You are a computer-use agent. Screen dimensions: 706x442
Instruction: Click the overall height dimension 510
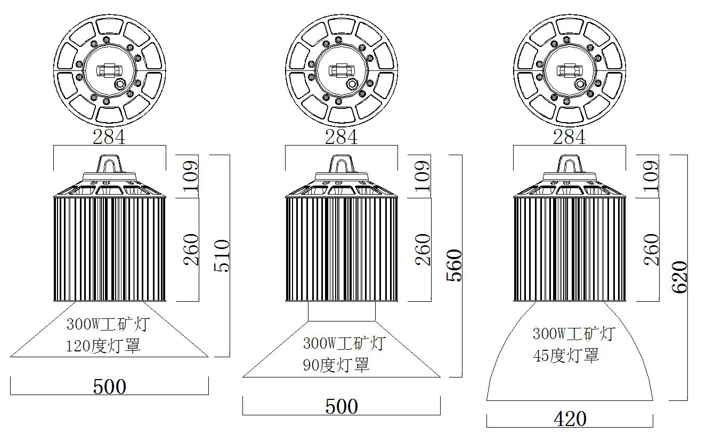[x=222, y=256]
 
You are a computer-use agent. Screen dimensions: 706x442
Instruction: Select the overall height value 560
[x=454, y=265]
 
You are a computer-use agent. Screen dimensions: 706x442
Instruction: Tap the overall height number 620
[x=679, y=277]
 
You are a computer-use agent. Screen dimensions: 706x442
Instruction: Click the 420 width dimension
[x=570, y=419]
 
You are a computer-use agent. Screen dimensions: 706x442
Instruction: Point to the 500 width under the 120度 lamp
[x=109, y=387]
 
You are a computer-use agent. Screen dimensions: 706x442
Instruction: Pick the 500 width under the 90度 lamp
[x=342, y=406]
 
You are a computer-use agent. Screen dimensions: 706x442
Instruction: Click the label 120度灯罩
[x=103, y=346]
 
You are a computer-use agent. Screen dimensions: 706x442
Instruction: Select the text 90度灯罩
[x=336, y=365]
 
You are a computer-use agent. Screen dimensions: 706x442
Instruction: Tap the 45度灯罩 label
[x=566, y=355]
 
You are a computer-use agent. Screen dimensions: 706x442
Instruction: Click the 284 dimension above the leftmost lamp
[x=109, y=137]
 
